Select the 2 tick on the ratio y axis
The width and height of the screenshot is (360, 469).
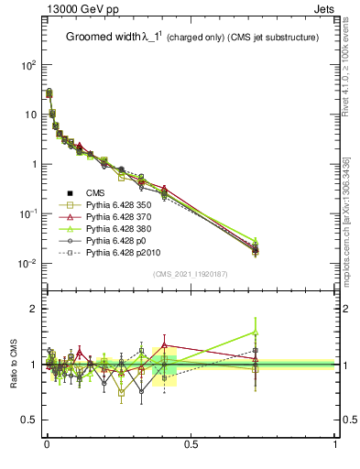(32, 309)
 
